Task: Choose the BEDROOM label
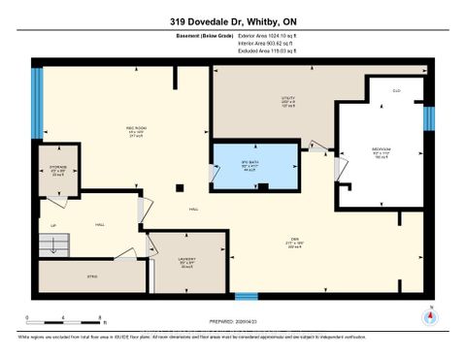382,151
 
